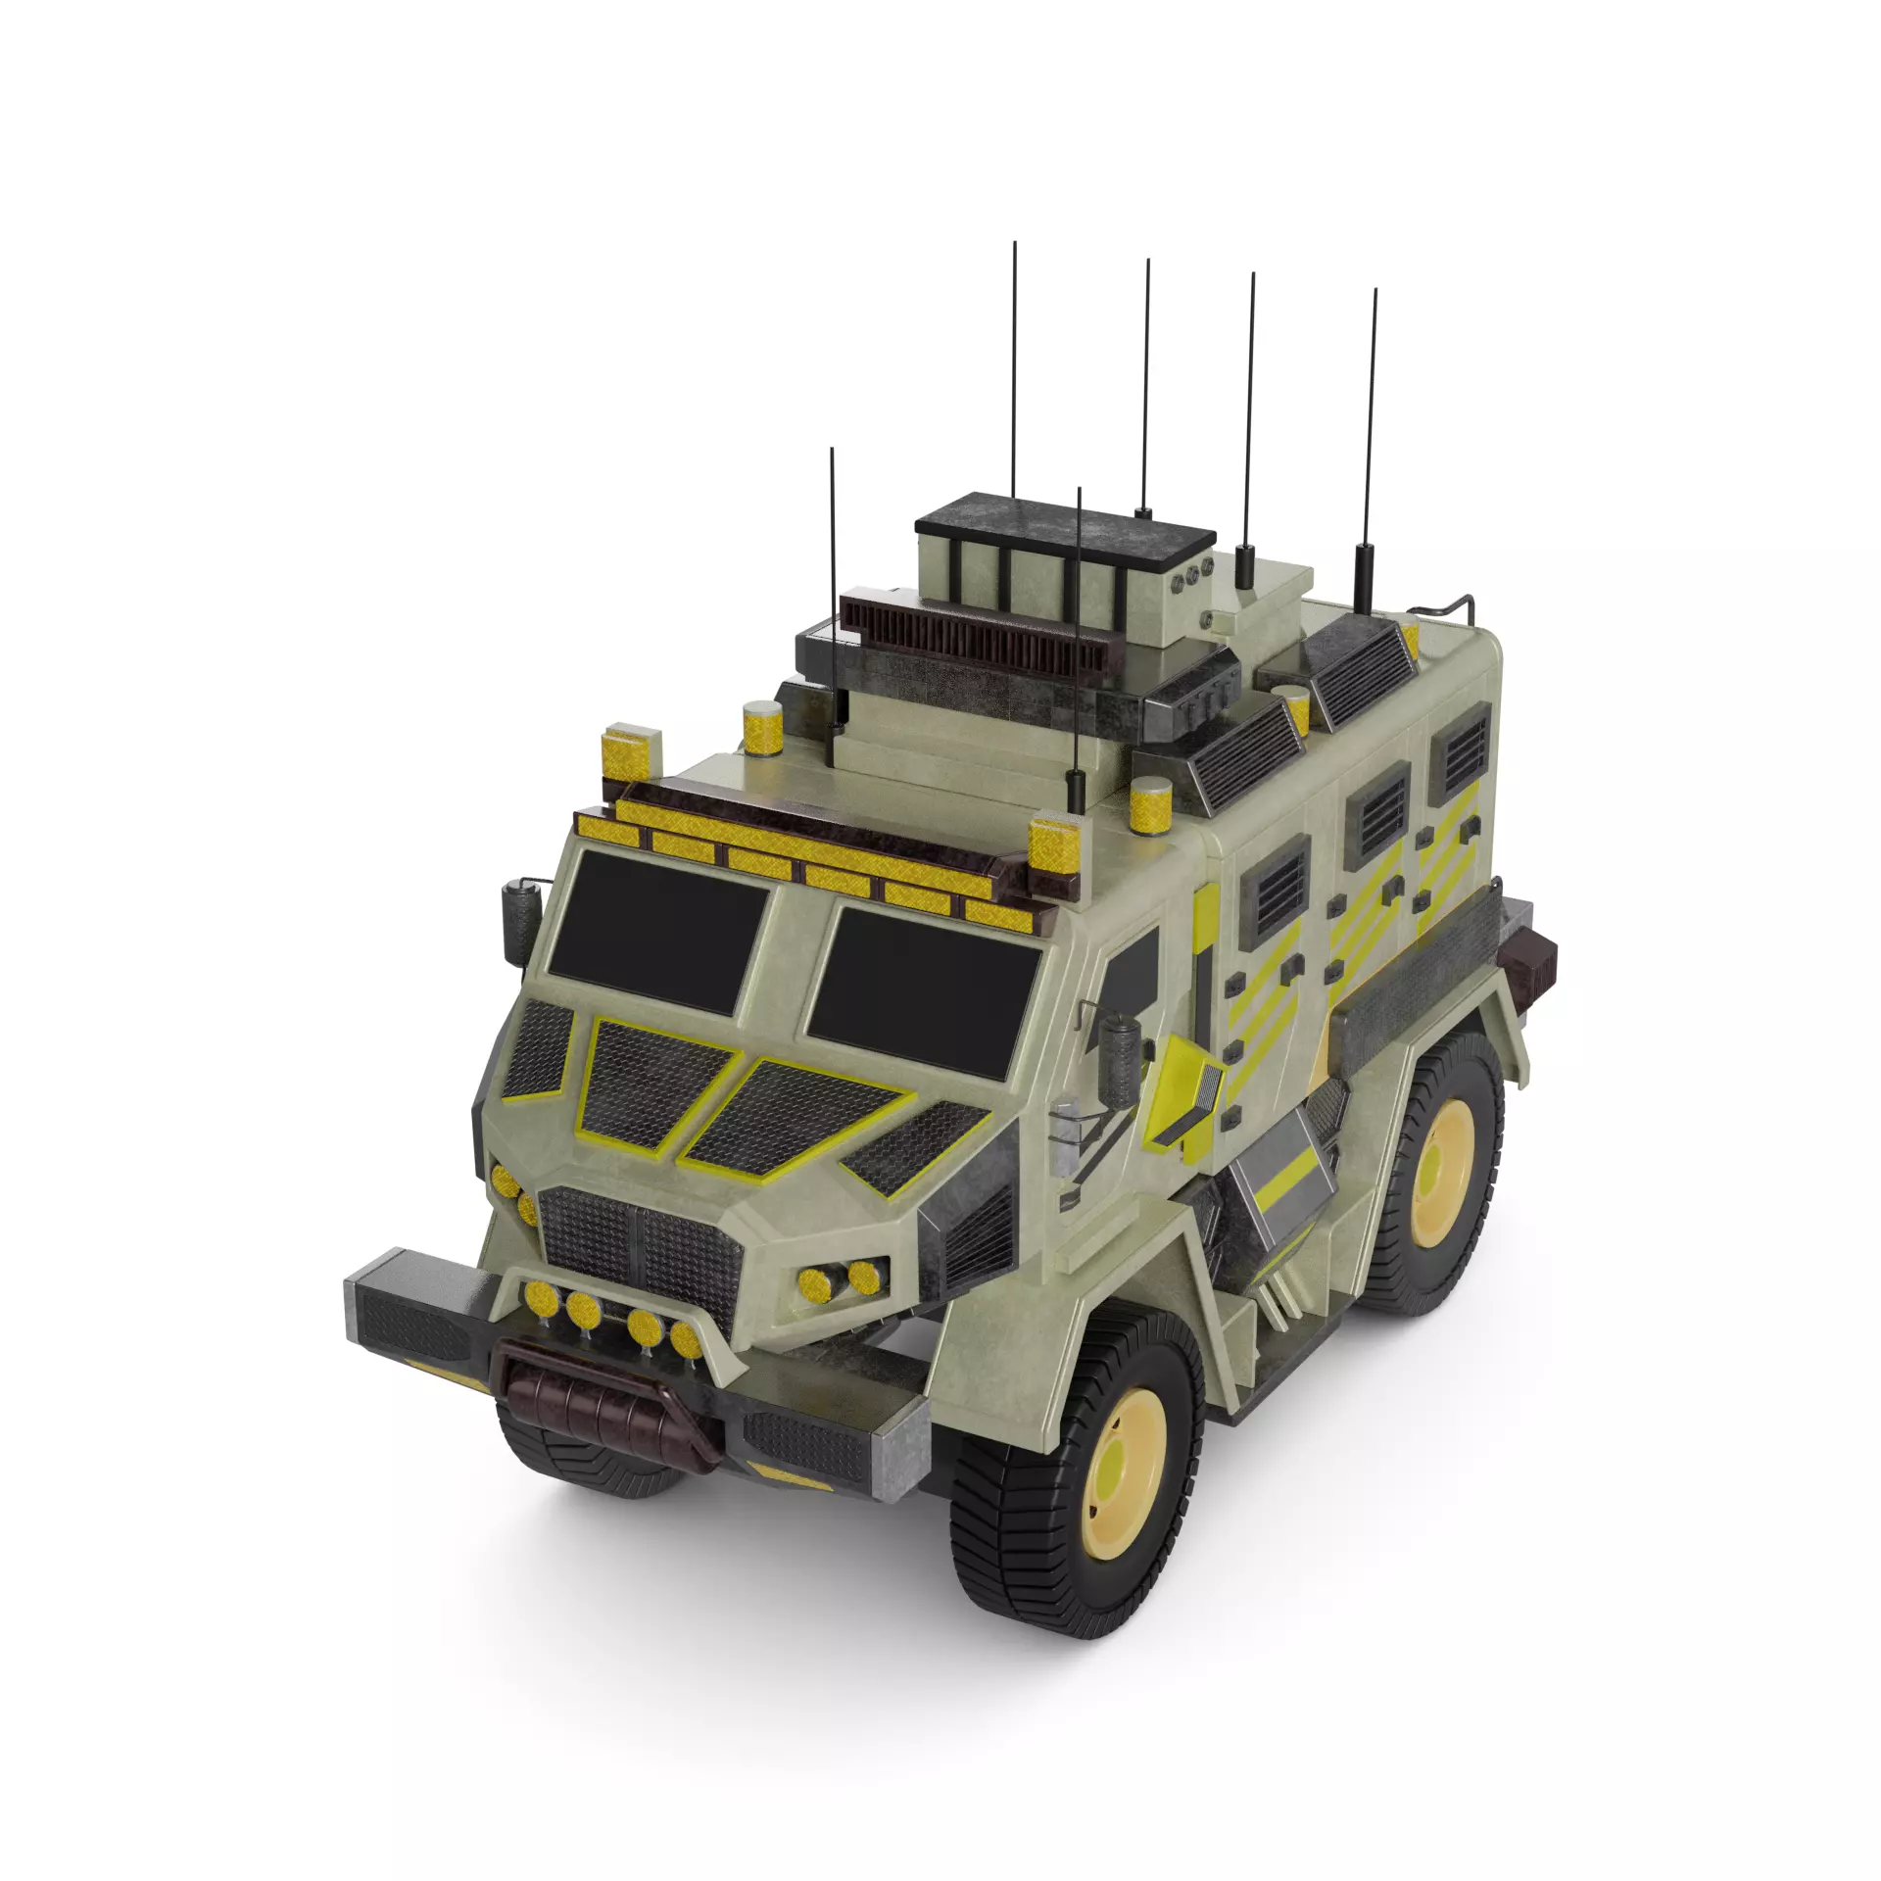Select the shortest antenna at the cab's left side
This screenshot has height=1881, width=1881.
[833, 588]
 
